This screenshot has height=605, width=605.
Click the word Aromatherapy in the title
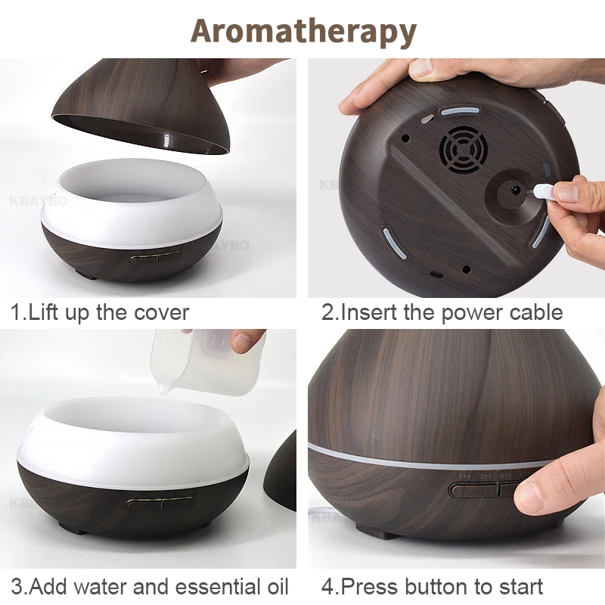tap(303, 30)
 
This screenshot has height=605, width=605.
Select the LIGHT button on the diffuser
tap(474, 490)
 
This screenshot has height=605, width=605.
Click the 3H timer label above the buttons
tap(485, 476)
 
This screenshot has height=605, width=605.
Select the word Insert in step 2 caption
tap(371, 312)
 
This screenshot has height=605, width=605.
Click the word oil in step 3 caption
tap(275, 586)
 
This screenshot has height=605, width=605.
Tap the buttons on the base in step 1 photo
tap(155, 257)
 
